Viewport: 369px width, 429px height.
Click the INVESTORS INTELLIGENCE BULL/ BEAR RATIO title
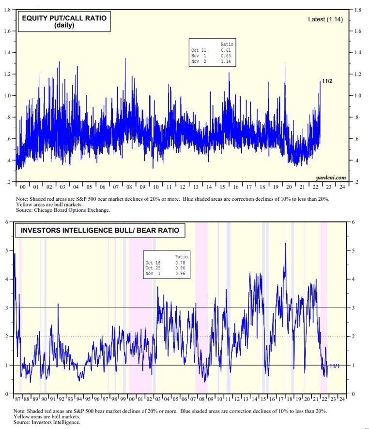[99, 230]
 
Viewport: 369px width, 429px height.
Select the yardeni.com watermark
[331, 178]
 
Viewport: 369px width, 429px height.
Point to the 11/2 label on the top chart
[327, 81]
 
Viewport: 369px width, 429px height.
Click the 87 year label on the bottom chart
[18, 399]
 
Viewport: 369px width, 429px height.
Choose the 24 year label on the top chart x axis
[342, 187]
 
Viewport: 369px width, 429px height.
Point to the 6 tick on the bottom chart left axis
[6, 222]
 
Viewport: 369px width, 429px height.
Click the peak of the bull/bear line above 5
[285, 244]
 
